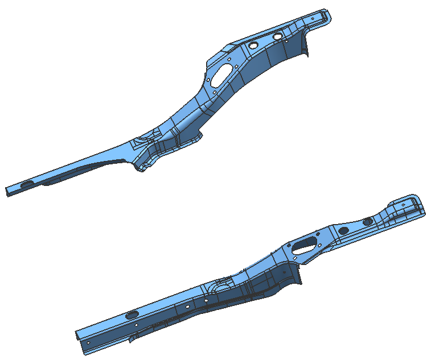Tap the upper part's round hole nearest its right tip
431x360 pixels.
pyautogui.click(x=277, y=36)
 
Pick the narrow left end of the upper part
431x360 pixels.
pyautogui.click(x=8, y=191)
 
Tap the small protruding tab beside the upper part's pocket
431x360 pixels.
pyautogui.click(x=199, y=135)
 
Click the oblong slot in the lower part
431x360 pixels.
pyautogui.click(x=305, y=244)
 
